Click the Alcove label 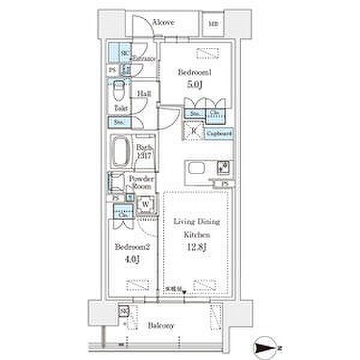coord(163,23)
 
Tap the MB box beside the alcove coord(214,23)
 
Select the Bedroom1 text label coord(193,72)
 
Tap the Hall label coord(143,95)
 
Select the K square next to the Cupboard coord(194,132)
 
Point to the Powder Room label coord(142,183)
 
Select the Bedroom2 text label coord(132,247)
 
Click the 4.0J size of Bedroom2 coord(132,259)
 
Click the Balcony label coord(163,325)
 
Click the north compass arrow coord(268,347)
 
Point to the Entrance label coord(144,59)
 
